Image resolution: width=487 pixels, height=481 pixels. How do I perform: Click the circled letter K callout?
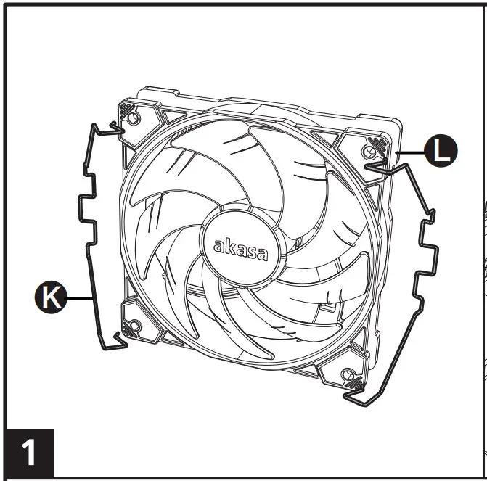coord(49,296)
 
